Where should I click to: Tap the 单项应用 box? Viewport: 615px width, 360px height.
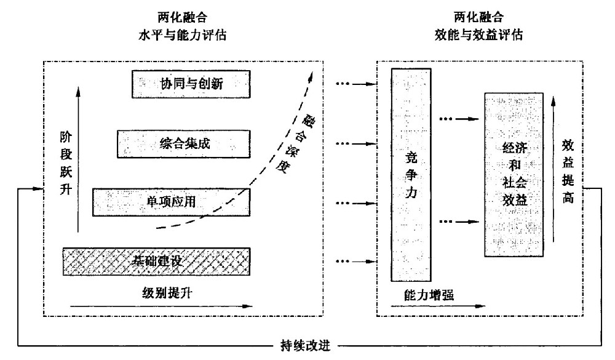[x=170, y=202]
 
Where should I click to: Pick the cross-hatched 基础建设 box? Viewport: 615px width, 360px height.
[x=156, y=261]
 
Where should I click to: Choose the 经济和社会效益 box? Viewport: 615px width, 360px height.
[x=514, y=174]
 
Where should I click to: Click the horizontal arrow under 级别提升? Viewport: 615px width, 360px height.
[x=162, y=305]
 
